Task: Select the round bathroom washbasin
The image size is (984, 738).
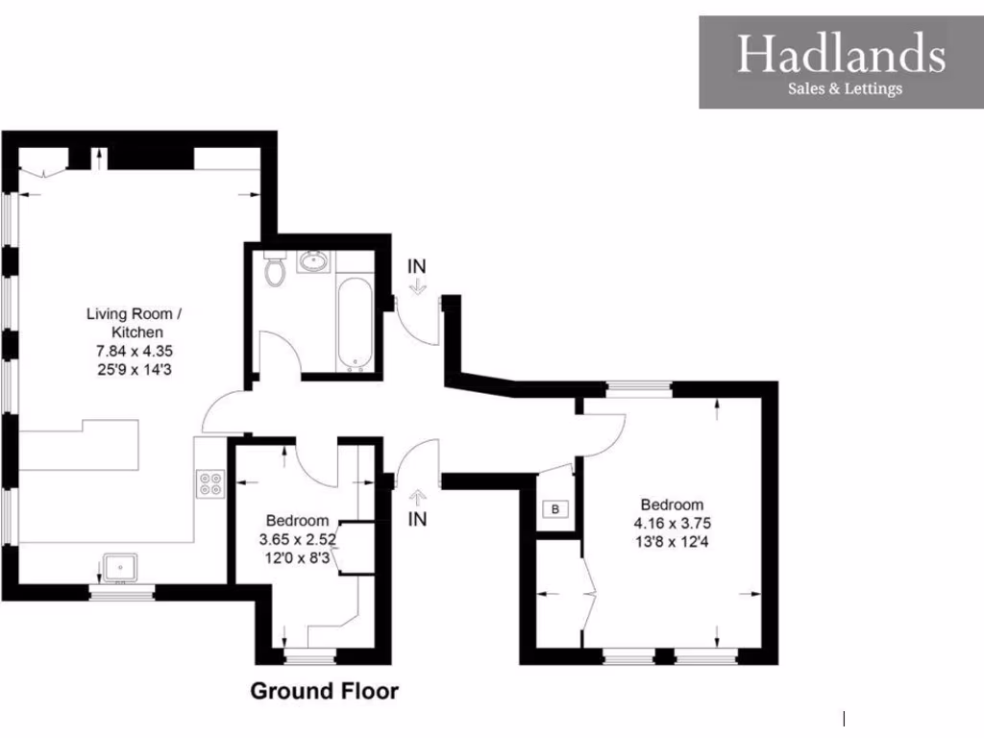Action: (313, 260)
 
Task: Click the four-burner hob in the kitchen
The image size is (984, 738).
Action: (211, 483)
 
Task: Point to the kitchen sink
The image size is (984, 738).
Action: (121, 568)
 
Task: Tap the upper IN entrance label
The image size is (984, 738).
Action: (416, 265)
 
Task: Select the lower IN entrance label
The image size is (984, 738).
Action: (417, 520)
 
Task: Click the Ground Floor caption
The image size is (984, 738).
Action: (324, 691)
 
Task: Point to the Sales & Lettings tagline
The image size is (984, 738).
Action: (845, 89)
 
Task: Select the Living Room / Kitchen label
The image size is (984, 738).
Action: (133, 322)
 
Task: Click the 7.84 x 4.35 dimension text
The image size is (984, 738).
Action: (133, 350)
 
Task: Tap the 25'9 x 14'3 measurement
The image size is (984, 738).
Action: (133, 368)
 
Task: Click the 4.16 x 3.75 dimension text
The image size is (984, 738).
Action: (672, 524)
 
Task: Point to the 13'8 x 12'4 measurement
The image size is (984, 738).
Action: (672, 542)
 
